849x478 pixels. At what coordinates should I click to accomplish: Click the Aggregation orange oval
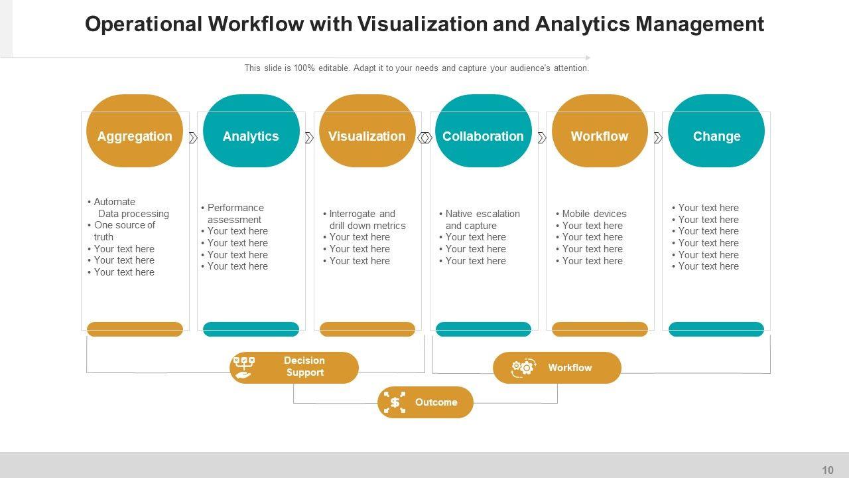pyautogui.click(x=135, y=131)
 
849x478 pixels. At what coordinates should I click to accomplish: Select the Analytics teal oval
pyautogui.click(x=251, y=131)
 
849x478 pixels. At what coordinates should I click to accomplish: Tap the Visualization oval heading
pyautogui.click(x=367, y=136)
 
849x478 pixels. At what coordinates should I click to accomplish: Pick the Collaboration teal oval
pyautogui.click(x=483, y=131)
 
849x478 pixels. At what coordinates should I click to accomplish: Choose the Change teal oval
pyautogui.click(x=716, y=131)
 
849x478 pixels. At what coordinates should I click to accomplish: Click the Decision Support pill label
pyautogui.click(x=304, y=366)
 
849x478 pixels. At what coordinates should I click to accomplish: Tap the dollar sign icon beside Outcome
pyautogui.click(x=395, y=402)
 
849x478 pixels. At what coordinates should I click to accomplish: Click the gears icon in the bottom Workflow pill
pyautogui.click(x=523, y=368)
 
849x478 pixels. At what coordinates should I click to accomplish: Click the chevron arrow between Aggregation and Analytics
pyautogui.click(x=193, y=138)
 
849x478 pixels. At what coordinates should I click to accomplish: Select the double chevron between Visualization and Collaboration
pyautogui.click(x=425, y=138)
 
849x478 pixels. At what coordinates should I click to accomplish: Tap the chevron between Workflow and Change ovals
pyautogui.click(x=658, y=138)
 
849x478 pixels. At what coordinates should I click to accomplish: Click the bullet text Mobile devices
pyautogui.click(x=594, y=214)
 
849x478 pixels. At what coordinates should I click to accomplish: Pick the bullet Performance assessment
pyautogui.click(x=235, y=214)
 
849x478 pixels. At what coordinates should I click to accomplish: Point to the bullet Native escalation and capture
pyautogui.click(x=482, y=220)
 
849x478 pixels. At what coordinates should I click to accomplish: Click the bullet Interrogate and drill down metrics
pyautogui.click(x=367, y=220)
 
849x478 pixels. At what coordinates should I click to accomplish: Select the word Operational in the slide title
pyautogui.click(x=143, y=24)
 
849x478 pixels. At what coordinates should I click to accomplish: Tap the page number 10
pyautogui.click(x=828, y=470)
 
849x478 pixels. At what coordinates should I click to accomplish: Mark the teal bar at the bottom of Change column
pyautogui.click(x=716, y=329)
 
